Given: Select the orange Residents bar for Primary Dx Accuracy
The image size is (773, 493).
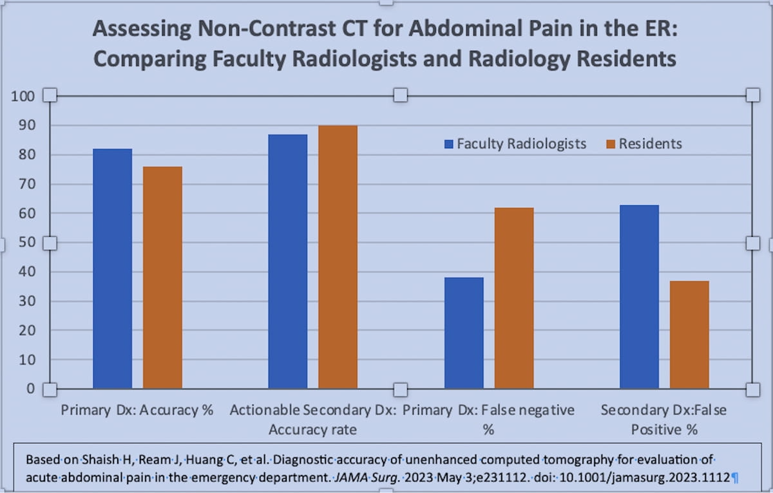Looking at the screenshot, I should [162, 277].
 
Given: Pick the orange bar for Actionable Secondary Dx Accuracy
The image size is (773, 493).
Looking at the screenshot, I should [338, 257].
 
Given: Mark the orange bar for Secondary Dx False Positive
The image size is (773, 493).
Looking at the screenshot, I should [689, 335].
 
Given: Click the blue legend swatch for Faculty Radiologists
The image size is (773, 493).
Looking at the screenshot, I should [449, 144].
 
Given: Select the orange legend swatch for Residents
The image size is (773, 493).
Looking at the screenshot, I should [611, 144].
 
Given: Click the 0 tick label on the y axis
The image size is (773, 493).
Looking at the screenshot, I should [30, 389].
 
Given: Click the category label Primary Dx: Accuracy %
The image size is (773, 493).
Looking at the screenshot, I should [137, 410].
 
